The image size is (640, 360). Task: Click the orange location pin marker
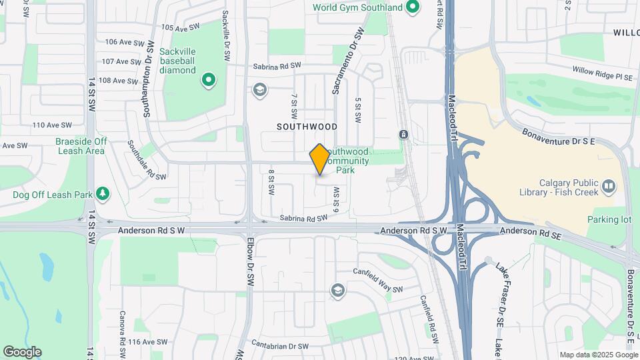point(320,159)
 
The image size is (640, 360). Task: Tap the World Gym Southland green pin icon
point(413,8)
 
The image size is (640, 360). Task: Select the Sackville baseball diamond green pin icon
point(209,81)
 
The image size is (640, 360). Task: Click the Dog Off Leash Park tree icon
point(102,194)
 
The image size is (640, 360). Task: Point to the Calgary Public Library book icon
point(608,185)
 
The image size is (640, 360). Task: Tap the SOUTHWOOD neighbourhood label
point(307,126)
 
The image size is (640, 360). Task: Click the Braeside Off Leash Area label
point(81,146)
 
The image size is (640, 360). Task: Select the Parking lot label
point(608,219)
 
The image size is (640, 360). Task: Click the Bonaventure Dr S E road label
point(557,137)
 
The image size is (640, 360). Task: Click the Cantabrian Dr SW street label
point(283,346)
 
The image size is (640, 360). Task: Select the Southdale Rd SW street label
point(146,159)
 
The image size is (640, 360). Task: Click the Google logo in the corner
point(21,351)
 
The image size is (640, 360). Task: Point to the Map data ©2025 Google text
point(599,355)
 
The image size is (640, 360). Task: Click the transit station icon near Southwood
point(403,135)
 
